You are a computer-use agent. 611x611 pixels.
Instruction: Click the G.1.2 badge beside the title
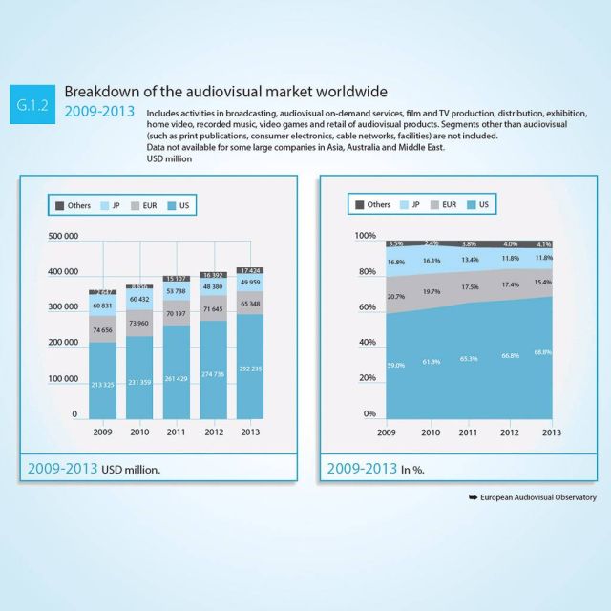click(x=35, y=102)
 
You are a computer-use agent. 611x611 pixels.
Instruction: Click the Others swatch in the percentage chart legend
click(x=359, y=205)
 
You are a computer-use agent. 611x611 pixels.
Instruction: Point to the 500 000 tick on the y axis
click(x=62, y=236)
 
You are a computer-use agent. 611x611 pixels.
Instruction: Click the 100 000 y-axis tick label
click(x=62, y=379)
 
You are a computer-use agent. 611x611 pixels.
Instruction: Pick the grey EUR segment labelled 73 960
click(x=139, y=324)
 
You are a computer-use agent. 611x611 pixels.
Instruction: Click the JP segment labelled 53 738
click(x=176, y=290)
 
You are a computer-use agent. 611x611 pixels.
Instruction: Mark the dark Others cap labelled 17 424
click(x=250, y=271)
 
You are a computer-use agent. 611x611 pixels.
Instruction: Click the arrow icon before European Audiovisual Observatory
click(x=472, y=498)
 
